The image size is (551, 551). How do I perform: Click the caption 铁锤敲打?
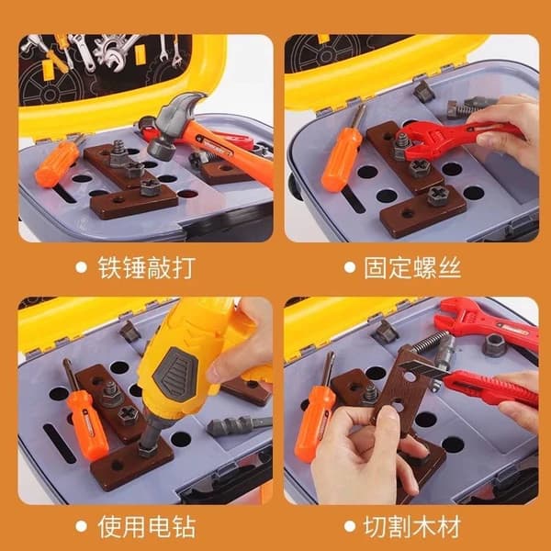coord(147,268)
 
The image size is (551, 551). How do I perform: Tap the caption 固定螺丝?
coord(412,268)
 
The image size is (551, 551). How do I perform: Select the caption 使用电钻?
coord(147,526)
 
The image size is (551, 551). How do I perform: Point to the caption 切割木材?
coord(412,526)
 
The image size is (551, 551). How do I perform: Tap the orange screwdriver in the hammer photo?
coord(59,162)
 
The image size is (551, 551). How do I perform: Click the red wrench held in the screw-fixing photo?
coord(456,135)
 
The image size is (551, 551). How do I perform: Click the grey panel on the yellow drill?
coord(175,371)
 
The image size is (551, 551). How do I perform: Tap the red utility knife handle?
coord(490,388)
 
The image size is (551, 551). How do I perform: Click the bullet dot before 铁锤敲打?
coord(81,268)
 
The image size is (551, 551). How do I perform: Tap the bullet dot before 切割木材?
coord(350,526)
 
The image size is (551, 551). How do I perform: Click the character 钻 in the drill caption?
coord(184,526)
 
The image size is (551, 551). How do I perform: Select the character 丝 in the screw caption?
coord(449,268)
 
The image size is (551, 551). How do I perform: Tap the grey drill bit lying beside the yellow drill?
coord(239,425)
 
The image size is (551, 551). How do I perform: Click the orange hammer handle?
coord(229,152)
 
